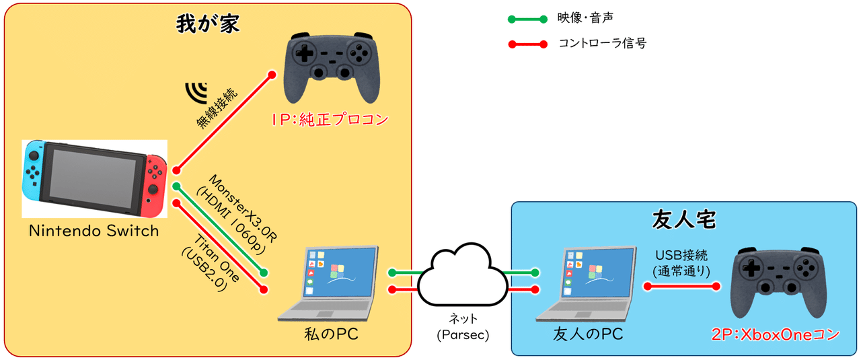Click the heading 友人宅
pos(683,220)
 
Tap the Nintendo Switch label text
pos(93,231)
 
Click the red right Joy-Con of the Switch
pos(156,178)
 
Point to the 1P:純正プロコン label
pos(330,120)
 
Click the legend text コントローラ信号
pos(602,44)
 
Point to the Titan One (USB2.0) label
pos(209,257)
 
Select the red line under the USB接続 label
pos(681,286)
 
